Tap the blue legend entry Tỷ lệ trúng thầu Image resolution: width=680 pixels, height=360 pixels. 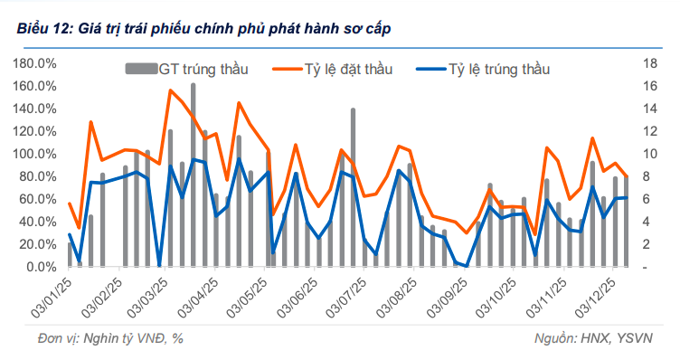496,69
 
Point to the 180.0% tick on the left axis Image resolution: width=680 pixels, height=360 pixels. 36,63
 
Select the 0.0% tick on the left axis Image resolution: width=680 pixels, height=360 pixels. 40,267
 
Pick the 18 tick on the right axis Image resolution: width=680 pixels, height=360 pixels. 648,63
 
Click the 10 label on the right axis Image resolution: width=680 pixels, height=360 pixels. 648,154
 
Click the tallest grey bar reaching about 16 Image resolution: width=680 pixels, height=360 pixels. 194,172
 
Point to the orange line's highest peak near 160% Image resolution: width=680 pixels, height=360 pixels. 170,90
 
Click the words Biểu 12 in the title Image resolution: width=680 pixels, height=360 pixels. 43,29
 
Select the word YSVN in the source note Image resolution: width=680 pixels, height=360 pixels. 643,337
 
